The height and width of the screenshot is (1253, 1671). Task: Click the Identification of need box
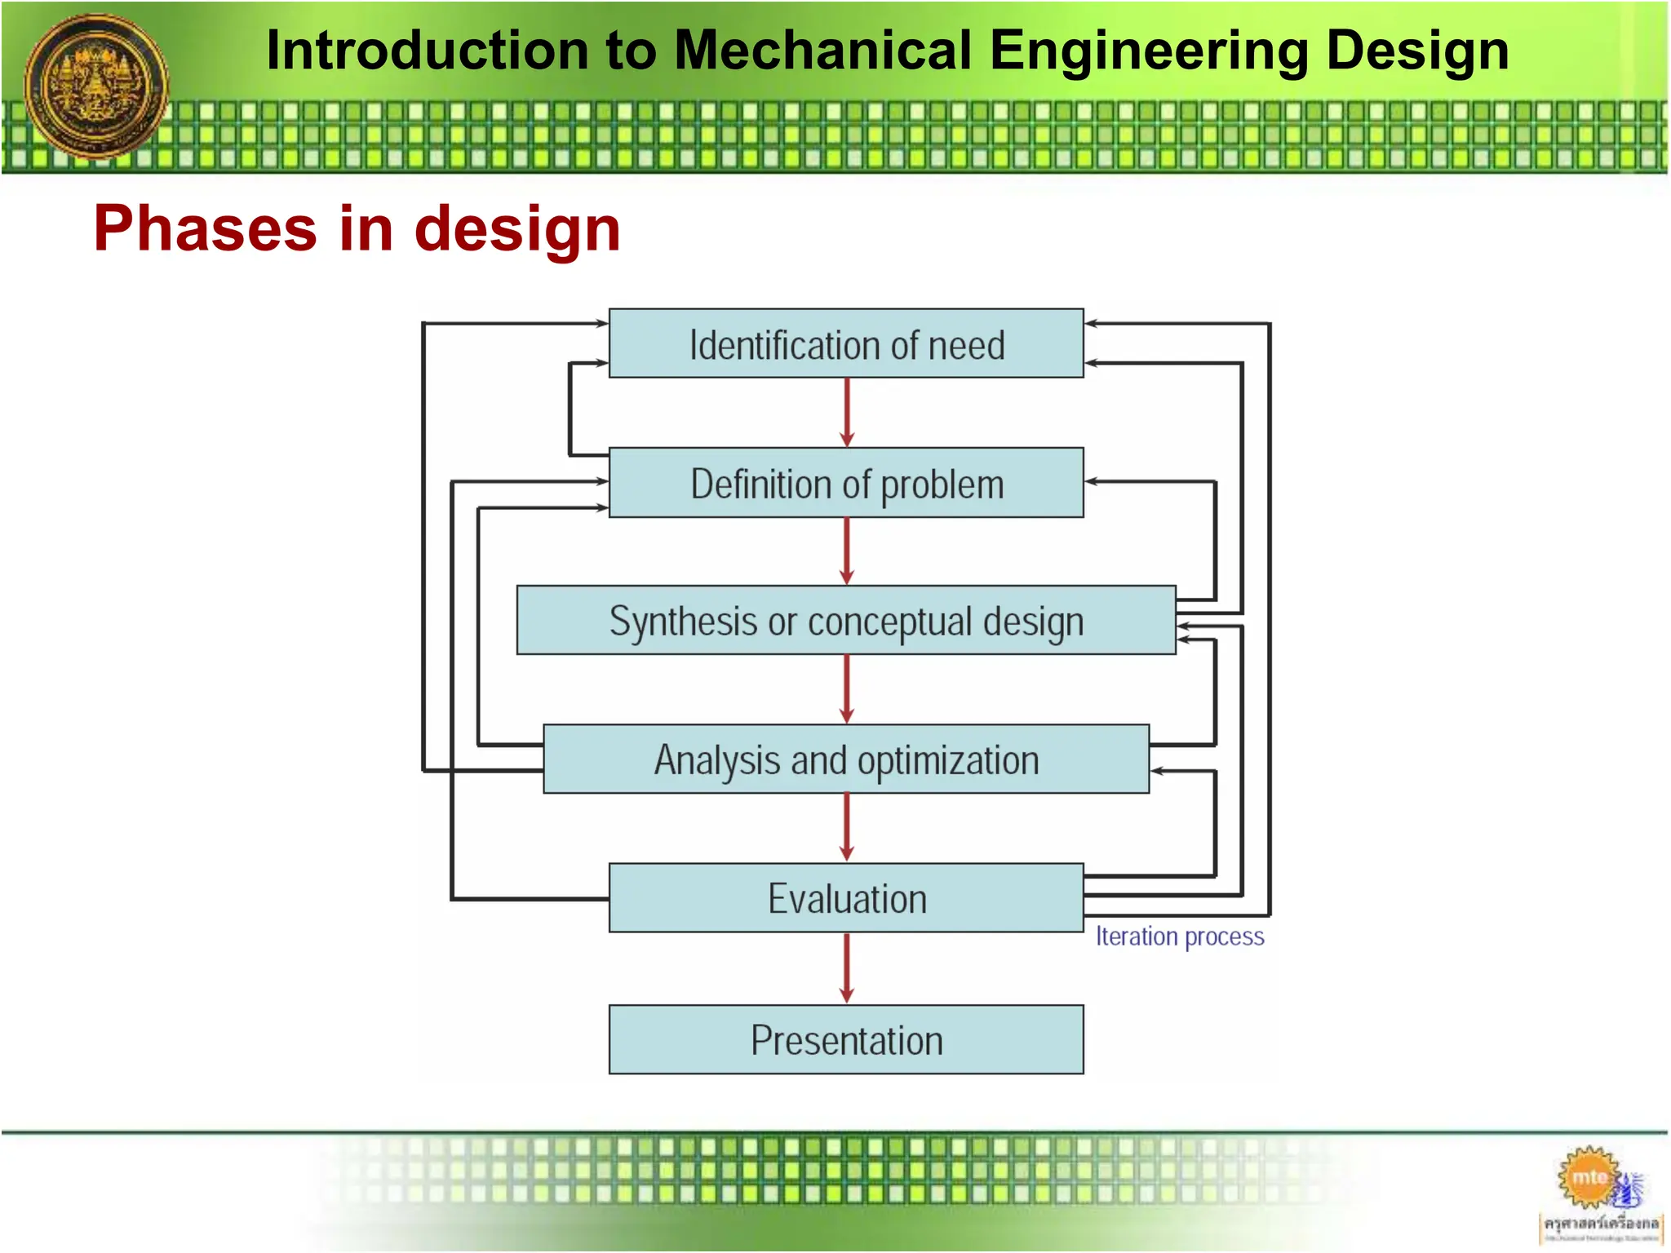[846, 343]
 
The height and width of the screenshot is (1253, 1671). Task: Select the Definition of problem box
[846, 483]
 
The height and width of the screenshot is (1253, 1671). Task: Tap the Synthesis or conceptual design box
[846, 621]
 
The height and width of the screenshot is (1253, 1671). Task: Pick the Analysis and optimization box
[846, 759]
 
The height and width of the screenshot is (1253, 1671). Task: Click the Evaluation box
[846, 898]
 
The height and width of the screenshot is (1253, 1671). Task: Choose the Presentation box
[846, 1040]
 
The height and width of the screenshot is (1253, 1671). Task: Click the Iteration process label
[1179, 936]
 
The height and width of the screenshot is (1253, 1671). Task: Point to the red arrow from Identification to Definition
[847, 413]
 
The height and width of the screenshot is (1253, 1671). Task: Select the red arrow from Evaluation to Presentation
[847, 968]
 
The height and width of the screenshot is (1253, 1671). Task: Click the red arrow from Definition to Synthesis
[847, 551]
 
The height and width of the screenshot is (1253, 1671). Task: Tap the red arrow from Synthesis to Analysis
[847, 689]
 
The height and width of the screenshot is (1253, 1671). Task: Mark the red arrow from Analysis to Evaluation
[847, 828]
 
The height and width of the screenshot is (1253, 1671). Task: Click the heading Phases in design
[357, 229]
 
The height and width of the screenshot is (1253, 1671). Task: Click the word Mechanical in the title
[824, 51]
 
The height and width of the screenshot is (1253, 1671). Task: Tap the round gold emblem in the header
[96, 86]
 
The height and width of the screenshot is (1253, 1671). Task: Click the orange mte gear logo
[1589, 1177]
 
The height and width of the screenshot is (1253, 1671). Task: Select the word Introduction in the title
[428, 51]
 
